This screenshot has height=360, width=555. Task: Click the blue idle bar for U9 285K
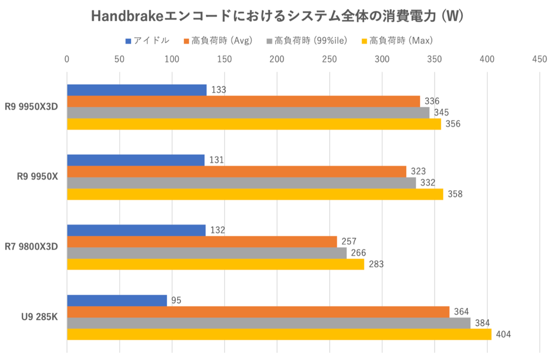pyautogui.click(x=117, y=300)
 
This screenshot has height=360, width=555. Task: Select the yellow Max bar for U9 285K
pyautogui.click(x=279, y=334)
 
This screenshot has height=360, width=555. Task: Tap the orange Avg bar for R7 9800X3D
pyautogui.click(x=202, y=242)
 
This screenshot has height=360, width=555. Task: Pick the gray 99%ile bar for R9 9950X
pyautogui.click(x=241, y=183)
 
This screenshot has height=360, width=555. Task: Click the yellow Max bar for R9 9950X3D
pyautogui.click(x=254, y=124)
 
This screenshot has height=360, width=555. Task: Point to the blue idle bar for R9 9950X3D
pyautogui.click(x=137, y=90)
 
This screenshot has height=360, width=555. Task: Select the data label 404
pyautogui.click(x=503, y=334)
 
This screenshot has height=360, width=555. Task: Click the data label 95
pyautogui.click(x=176, y=300)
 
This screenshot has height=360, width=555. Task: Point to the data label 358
pyautogui.click(x=455, y=194)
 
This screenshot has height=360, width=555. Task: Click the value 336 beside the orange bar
pyautogui.click(x=431, y=101)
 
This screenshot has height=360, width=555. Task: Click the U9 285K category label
pyautogui.click(x=39, y=317)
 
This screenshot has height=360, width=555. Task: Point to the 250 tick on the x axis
pyautogui.click(x=329, y=59)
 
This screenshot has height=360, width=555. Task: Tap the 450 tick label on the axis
pyautogui.click(x=539, y=59)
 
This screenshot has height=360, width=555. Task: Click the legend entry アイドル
pyautogui.click(x=147, y=41)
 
